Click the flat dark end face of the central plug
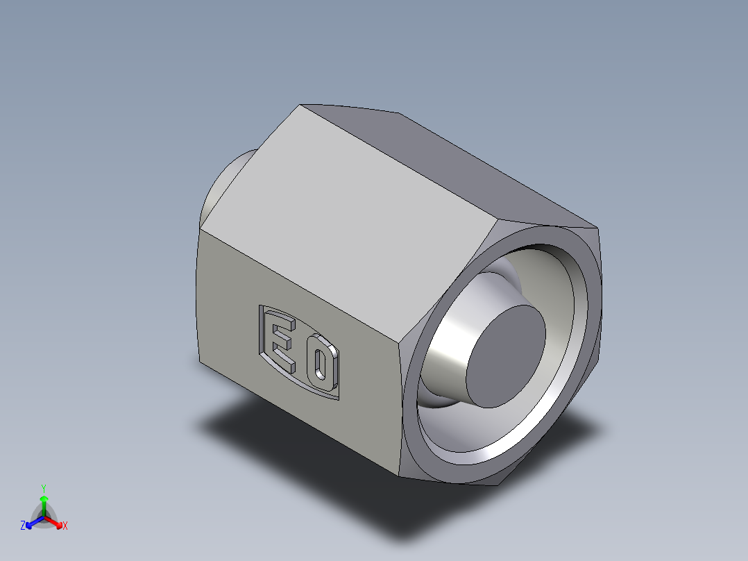point(504,355)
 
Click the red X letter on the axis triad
point(65,526)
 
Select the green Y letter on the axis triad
point(43,487)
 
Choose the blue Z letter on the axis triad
point(23,526)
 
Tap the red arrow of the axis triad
point(56,521)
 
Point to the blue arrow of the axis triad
point(32,523)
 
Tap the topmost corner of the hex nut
point(301,106)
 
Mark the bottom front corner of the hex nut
point(405,476)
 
